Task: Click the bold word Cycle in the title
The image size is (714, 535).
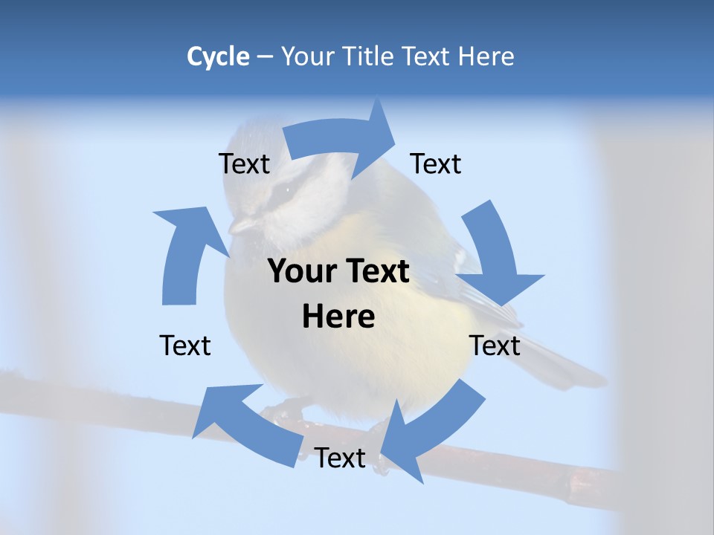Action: point(218,56)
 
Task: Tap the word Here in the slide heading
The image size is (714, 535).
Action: point(486,56)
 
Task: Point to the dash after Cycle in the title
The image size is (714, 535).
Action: point(265,57)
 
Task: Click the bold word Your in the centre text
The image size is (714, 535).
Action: point(301,272)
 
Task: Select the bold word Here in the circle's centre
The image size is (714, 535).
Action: point(338,317)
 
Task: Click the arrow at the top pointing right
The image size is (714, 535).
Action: point(342,137)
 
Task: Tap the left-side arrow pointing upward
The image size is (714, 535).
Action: point(186,253)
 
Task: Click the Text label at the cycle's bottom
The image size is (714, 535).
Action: point(340,458)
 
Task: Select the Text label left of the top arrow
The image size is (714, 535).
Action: point(244,163)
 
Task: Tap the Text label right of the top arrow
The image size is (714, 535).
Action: point(436,163)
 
